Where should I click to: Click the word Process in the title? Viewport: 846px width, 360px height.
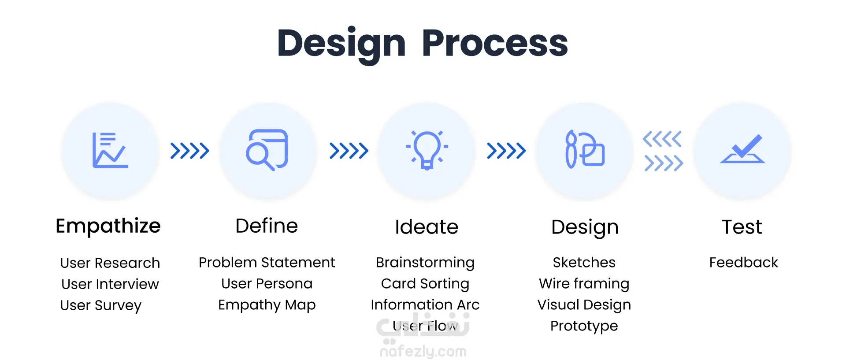[x=495, y=43]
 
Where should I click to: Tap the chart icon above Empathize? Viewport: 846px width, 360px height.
[x=110, y=150]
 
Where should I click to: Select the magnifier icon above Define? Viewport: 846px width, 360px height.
[x=267, y=150]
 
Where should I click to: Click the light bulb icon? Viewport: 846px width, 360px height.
[x=427, y=150]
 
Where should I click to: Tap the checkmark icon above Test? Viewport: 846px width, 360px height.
[x=742, y=149]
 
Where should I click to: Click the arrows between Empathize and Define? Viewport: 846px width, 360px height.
[x=190, y=151]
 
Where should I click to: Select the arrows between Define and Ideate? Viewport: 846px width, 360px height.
[x=349, y=151]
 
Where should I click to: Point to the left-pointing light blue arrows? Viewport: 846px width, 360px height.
[x=662, y=139]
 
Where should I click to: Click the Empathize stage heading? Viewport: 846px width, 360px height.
[x=108, y=226]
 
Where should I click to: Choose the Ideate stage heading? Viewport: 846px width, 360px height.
[x=427, y=227]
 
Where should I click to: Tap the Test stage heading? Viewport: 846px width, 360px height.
[x=742, y=227]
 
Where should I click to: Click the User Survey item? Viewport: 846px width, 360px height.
[x=101, y=305]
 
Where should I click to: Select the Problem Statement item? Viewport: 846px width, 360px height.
[x=267, y=262]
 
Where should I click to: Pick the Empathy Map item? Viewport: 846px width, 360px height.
[x=267, y=304]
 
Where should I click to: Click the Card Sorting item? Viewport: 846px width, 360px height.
[x=425, y=283]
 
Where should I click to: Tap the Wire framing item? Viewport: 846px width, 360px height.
[x=584, y=283]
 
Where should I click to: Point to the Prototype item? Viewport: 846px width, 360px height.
[x=584, y=326]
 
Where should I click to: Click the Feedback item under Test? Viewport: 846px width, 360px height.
[x=744, y=262]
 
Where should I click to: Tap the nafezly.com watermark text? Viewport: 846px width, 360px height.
[x=423, y=351]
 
